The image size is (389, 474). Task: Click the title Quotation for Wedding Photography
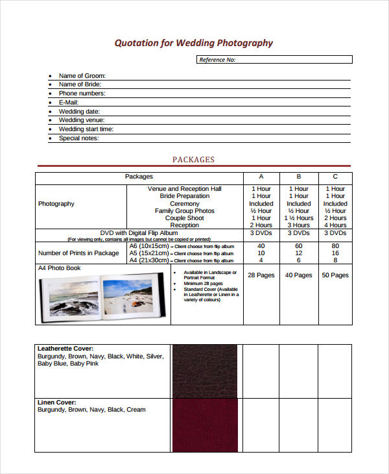pyautogui.click(x=194, y=44)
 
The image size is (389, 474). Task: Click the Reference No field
pyautogui.click(x=274, y=60)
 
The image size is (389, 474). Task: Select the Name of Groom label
pyautogui.click(x=82, y=76)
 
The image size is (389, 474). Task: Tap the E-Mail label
pyautogui.click(x=68, y=103)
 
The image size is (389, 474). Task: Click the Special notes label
pyautogui.click(x=78, y=138)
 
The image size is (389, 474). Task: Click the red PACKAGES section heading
pyautogui.click(x=193, y=160)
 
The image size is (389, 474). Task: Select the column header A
pyautogui.click(x=261, y=177)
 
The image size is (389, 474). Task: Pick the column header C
pyautogui.click(x=335, y=177)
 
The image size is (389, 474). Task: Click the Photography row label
pyautogui.click(x=56, y=204)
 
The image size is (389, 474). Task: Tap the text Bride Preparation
pyautogui.click(x=185, y=196)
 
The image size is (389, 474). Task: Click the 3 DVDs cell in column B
pyautogui.click(x=298, y=233)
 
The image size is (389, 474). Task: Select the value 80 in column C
pyautogui.click(x=335, y=246)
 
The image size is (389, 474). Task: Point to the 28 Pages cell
pyautogui.click(x=261, y=275)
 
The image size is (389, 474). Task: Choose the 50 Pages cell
pyautogui.click(x=335, y=275)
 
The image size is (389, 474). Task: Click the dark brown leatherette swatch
pyautogui.click(x=205, y=371)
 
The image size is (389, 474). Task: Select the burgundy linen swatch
pyautogui.click(x=205, y=425)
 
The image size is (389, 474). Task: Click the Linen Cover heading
pyautogui.click(x=57, y=403)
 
